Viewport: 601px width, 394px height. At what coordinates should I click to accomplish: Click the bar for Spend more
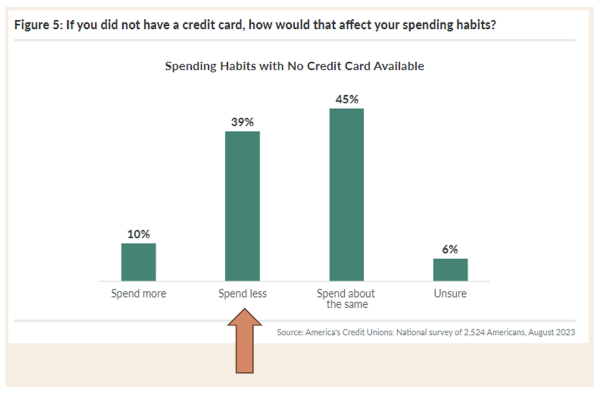[x=138, y=262]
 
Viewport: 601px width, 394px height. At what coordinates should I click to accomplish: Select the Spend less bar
[x=242, y=206]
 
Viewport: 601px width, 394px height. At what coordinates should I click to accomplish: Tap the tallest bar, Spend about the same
[x=346, y=195]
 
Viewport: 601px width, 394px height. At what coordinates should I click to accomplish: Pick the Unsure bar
[x=451, y=270]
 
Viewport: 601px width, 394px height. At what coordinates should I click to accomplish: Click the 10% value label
[x=138, y=234]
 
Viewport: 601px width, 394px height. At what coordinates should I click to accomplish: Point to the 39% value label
[x=242, y=122]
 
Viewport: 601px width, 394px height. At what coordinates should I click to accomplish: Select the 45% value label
[x=346, y=100]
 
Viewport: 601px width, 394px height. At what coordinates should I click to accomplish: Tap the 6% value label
[x=450, y=249]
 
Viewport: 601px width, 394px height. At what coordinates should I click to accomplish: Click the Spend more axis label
[x=139, y=294]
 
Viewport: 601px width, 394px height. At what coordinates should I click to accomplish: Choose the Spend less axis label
[x=242, y=294]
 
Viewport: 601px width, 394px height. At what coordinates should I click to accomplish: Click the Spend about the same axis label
[x=346, y=299]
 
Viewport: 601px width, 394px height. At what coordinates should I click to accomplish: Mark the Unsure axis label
[x=450, y=294]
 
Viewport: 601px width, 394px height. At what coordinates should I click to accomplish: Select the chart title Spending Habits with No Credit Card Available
[x=295, y=66]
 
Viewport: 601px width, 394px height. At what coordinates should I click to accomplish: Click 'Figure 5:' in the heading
[x=38, y=25]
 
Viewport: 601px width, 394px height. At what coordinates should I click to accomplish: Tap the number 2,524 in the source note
[x=474, y=332]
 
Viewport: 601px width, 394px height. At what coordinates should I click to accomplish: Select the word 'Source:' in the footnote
[x=290, y=332]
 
